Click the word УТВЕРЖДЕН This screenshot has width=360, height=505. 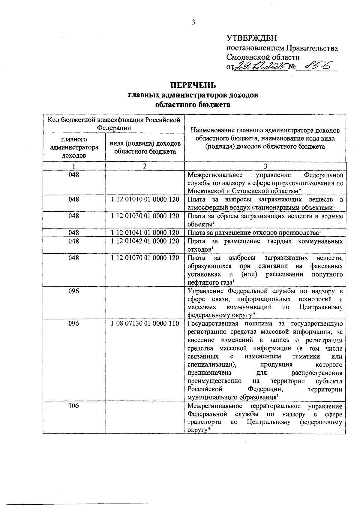pyautogui.click(x=252, y=38)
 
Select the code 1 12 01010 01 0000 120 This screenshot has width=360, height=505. pyautogui.click(x=145, y=199)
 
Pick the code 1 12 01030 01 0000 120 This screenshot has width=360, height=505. pyautogui.click(x=145, y=216)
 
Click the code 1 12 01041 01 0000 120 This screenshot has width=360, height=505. pyautogui.click(x=145, y=233)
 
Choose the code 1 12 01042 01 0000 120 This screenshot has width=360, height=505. pyautogui.click(x=145, y=241)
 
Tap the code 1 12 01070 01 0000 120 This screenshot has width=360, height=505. pyautogui.click(x=145, y=258)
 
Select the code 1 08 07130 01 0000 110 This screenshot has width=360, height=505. pyautogui.click(x=145, y=323)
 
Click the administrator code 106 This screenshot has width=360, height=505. pyautogui.click(x=74, y=406)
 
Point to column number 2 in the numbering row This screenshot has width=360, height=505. pyautogui.click(x=145, y=166)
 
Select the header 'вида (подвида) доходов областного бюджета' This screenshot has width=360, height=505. pyautogui.click(x=145, y=147)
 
